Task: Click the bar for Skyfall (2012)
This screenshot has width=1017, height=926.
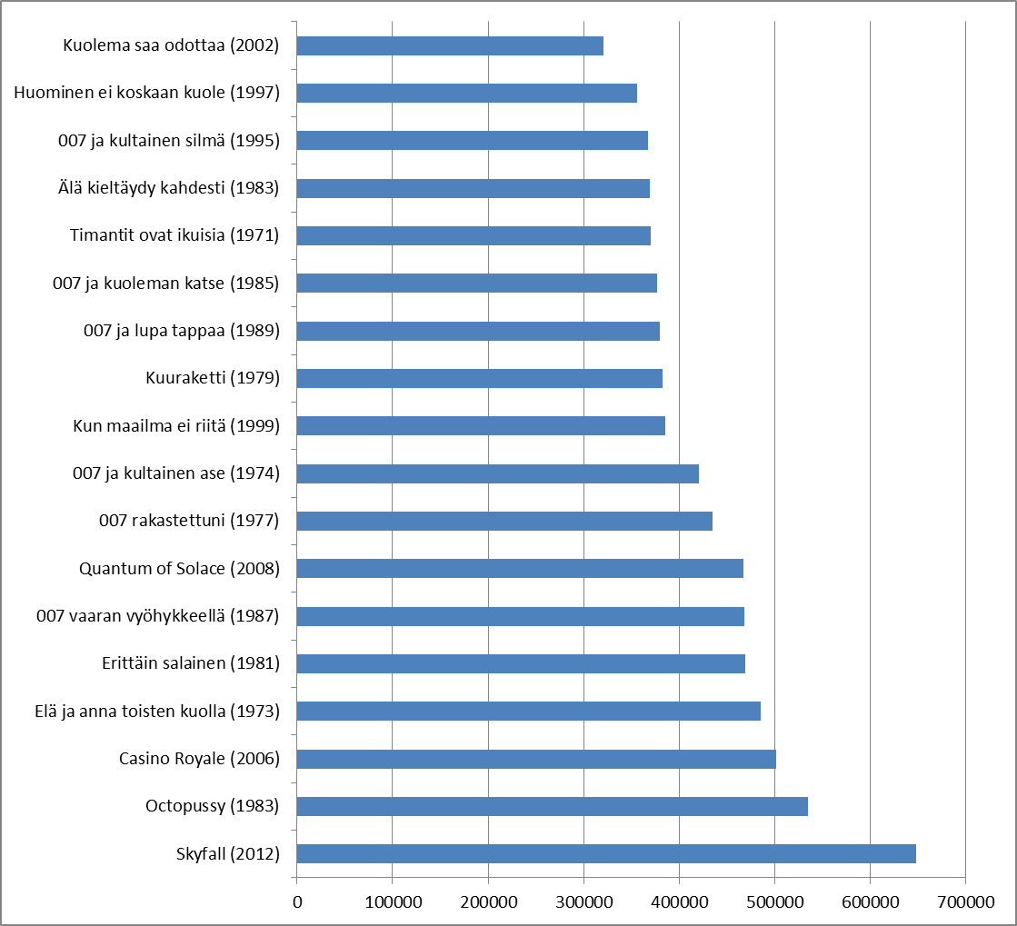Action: click(x=606, y=853)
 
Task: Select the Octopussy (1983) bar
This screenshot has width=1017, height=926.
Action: click(x=552, y=806)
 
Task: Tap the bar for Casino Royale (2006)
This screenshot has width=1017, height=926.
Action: click(x=536, y=759)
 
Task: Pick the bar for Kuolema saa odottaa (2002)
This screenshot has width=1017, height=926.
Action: click(x=450, y=45)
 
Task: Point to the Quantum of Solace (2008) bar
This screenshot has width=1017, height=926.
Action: click(x=520, y=568)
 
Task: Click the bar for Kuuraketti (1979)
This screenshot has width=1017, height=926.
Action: click(x=479, y=378)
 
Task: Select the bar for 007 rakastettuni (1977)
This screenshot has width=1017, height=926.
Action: click(x=504, y=521)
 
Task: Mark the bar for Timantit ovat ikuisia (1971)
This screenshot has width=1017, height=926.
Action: click(x=474, y=235)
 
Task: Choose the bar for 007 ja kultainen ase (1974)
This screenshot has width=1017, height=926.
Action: click(x=497, y=473)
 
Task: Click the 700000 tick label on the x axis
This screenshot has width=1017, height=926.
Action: click(x=965, y=901)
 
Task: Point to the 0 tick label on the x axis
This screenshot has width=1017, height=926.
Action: click(x=297, y=901)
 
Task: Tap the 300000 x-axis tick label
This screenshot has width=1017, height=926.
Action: click(x=583, y=901)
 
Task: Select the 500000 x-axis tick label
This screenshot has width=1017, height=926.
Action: click(x=774, y=901)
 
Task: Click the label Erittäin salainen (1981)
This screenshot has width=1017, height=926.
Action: click(x=191, y=663)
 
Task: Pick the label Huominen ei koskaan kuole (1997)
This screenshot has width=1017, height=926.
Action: click(x=146, y=93)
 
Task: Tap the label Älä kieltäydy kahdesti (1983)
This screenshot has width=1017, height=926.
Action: click(x=167, y=188)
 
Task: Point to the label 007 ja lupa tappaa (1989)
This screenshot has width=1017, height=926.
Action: click(x=181, y=331)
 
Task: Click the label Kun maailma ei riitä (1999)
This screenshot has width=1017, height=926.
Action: click(x=175, y=425)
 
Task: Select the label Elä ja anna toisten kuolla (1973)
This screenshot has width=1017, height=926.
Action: click(x=152, y=711)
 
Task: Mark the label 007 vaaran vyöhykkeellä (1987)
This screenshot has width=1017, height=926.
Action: click(x=157, y=616)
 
